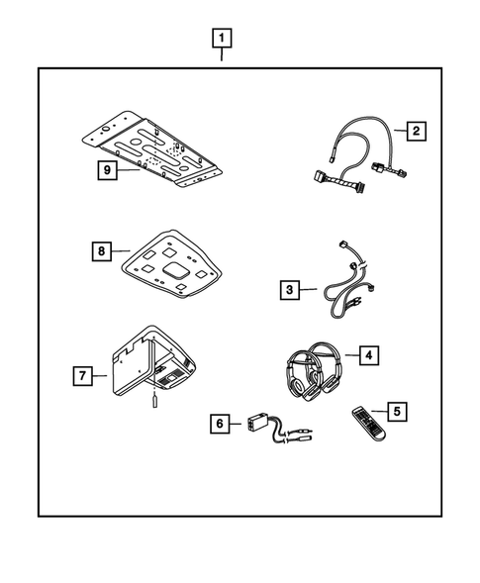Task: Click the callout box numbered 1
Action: point(223,39)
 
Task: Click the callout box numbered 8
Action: point(101,251)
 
